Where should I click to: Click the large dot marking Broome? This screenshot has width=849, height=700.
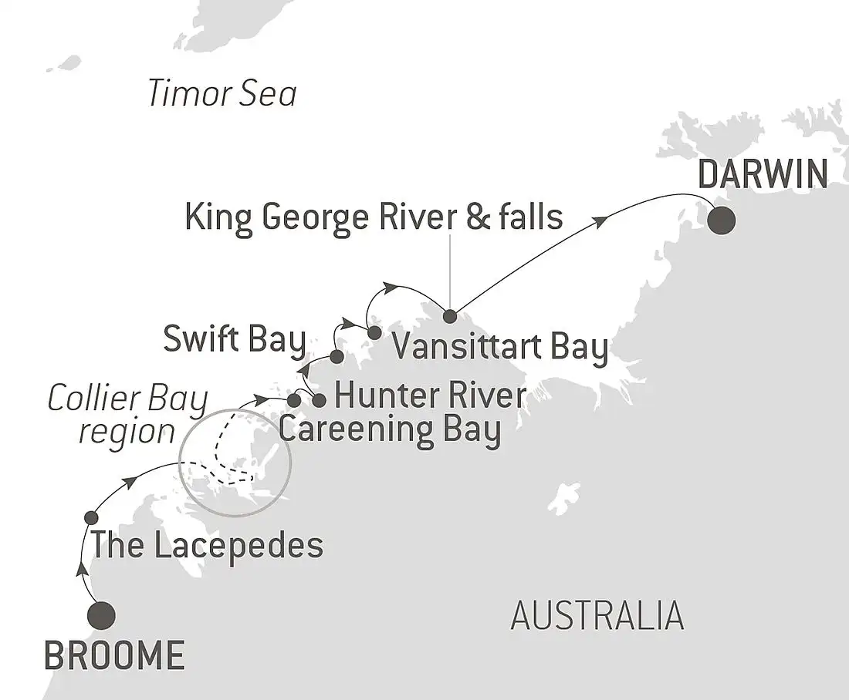point(102,615)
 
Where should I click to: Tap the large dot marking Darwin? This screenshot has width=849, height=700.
point(722,221)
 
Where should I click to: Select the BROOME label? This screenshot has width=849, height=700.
point(114,655)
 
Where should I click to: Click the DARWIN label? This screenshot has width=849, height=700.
point(763,175)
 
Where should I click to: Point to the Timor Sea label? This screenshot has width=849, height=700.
point(222,95)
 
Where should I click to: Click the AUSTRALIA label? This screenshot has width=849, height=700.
point(597,616)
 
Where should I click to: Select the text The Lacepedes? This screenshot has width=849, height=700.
point(206,546)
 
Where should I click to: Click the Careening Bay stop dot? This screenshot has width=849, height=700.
point(294,400)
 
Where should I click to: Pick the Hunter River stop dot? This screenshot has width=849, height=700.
point(319,400)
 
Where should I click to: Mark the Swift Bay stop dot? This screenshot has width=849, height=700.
point(337,356)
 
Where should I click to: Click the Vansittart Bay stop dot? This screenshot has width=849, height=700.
point(374,333)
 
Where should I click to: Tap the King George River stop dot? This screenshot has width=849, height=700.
point(449,315)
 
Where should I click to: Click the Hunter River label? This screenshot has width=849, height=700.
point(431,396)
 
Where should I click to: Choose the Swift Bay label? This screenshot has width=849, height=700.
point(235,340)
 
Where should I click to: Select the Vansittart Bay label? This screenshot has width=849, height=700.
point(500,347)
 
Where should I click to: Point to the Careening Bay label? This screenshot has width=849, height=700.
point(390,429)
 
